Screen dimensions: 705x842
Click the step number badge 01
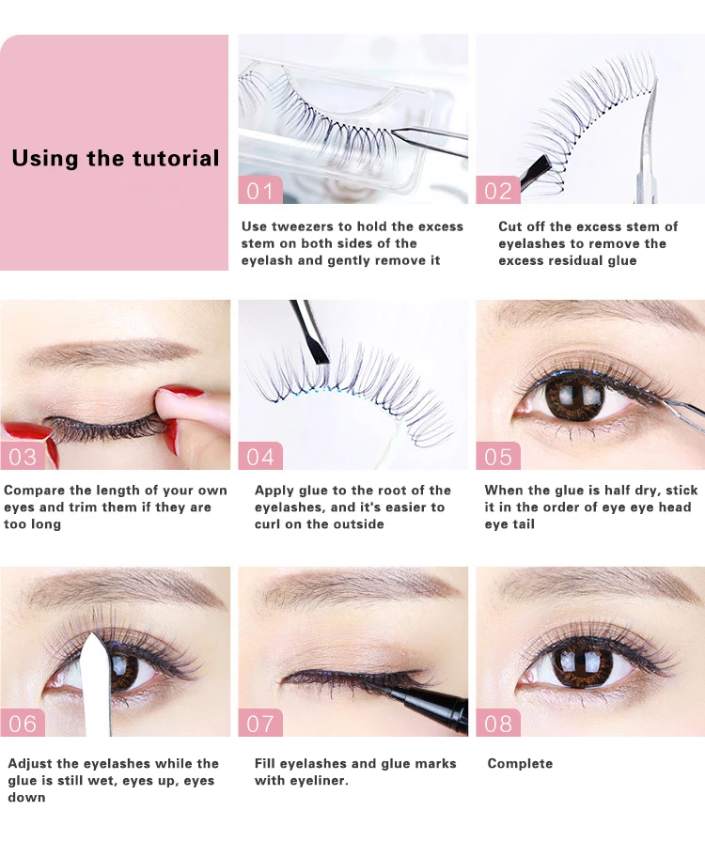pos(260,190)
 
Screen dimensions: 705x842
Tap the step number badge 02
pos(498,190)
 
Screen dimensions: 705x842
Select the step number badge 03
pos(23,456)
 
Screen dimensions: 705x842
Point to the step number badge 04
pos(260,456)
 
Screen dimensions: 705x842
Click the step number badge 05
pos(498,456)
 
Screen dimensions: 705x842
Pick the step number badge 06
pos(23,723)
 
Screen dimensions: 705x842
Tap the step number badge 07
pos(260,723)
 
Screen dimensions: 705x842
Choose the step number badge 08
pos(498,723)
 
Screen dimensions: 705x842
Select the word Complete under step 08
pos(520,763)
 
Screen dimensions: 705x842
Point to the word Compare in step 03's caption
pos(35,491)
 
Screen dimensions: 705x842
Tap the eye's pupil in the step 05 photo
pos(574,397)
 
